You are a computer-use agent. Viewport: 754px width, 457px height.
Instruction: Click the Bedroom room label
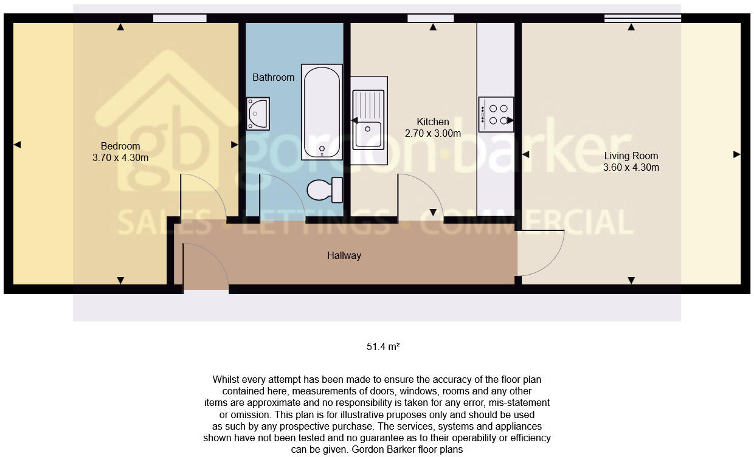pos(120,146)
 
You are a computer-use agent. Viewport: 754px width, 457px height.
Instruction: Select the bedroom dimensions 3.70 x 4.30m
pos(120,157)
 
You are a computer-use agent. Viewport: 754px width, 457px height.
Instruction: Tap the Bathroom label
pos(274,77)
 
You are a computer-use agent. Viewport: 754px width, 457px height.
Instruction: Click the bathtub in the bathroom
pos(321,112)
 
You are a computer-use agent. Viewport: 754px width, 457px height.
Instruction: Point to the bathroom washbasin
pos(258,114)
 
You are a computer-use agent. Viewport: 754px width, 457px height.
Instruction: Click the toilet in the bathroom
pos(325,190)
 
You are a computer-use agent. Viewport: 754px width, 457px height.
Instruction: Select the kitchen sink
pos(368,120)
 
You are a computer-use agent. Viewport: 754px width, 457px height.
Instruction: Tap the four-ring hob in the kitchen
pos(496,114)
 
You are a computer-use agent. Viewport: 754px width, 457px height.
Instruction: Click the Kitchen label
pos(433,122)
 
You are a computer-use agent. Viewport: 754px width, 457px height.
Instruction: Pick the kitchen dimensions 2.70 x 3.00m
pos(433,133)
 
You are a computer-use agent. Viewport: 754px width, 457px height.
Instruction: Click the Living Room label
pos(631,156)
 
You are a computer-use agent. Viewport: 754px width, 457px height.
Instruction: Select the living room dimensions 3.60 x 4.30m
pos(631,167)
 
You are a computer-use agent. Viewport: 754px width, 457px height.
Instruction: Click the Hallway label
pos(344,255)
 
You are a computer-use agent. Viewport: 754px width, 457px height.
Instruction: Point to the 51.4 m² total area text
pos(383,347)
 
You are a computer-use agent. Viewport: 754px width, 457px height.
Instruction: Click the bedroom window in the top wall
pos(179,18)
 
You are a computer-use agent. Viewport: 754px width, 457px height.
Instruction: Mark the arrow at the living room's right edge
pos(736,154)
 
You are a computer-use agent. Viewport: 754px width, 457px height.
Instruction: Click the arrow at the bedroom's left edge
pos(17,144)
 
